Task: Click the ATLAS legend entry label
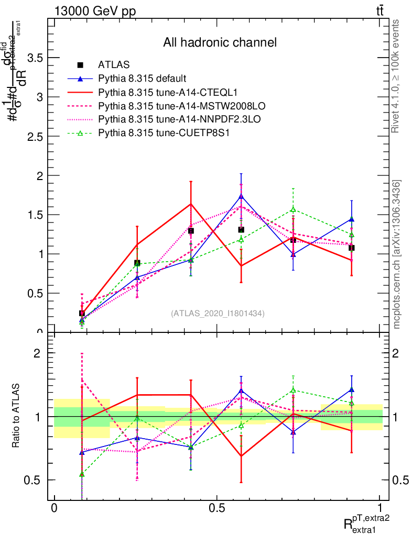(114, 65)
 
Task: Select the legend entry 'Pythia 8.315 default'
(142, 79)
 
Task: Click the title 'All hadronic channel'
(220, 42)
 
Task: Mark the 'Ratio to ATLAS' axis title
(16, 416)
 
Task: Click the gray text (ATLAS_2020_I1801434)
(218, 314)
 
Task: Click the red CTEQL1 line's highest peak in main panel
(191, 204)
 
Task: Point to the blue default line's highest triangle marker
(241, 196)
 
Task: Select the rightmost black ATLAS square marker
(352, 248)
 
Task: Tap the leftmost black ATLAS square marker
(82, 313)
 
